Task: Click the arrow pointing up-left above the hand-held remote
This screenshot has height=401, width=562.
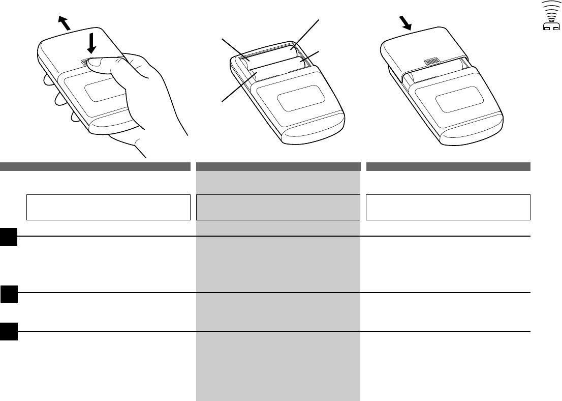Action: tap(64, 23)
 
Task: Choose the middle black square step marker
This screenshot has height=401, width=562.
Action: tap(9, 294)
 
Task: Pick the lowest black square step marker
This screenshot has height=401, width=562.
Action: tap(9, 331)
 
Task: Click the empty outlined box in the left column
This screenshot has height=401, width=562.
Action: tap(108, 207)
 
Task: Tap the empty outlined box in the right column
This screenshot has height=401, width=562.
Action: tap(448, 207)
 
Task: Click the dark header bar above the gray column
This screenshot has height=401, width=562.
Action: tap(278, 166)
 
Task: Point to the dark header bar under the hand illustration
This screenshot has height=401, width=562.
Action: tap(95, 166)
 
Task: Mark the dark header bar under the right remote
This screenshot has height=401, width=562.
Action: tap(448, 166)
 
